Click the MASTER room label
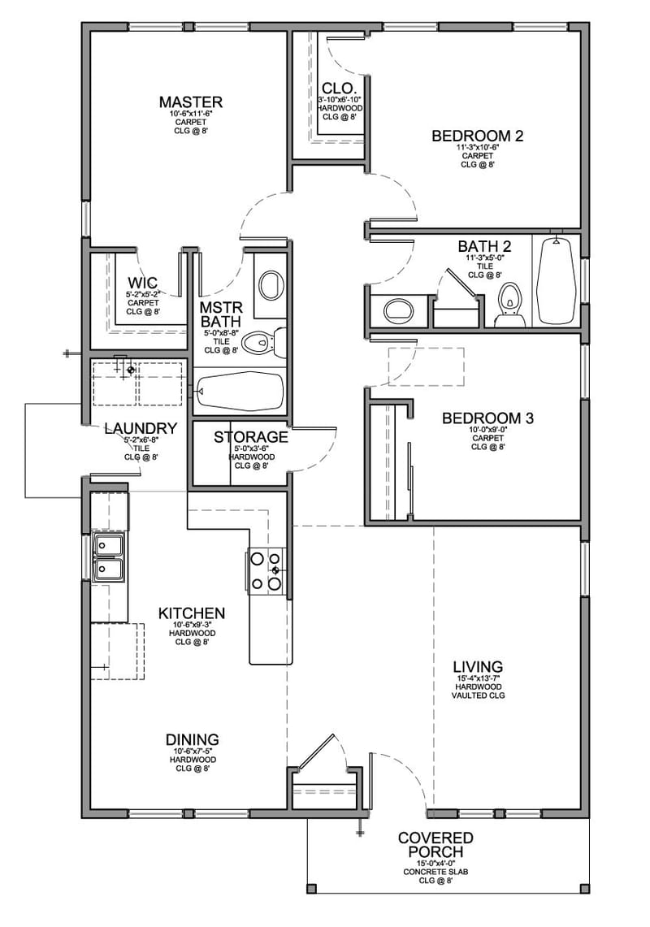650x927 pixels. coord(190,102)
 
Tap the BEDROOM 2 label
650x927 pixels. coord(477,136)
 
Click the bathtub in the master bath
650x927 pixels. coord(240,392)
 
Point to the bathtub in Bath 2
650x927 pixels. coord(557,280)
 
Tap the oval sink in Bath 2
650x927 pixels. coord(397,310)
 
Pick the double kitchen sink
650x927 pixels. coord(108,557)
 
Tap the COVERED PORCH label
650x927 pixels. coord(435,845)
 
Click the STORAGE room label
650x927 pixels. coord(251,437)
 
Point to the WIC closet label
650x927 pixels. coord(142,283)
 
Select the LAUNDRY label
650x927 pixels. coord(141,428)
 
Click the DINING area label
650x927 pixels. coord(192,739)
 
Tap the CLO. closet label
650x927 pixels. coord(336,88)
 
